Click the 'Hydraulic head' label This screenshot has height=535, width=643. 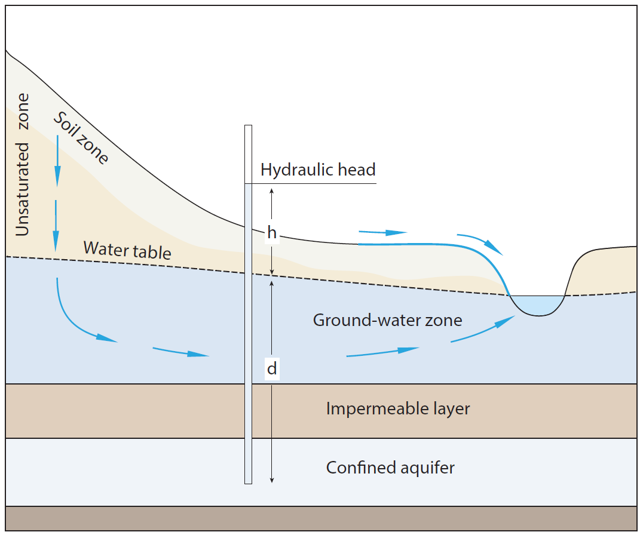318,170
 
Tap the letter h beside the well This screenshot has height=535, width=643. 272,233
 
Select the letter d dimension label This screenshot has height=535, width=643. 272,369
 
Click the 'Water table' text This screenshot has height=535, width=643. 127,250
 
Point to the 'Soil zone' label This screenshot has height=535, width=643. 81,138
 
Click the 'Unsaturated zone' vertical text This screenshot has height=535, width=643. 23,164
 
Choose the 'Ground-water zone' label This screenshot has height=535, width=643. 387,320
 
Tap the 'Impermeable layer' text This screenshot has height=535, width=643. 398,409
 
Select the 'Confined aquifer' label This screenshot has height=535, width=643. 390,467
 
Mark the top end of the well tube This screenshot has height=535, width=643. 249,127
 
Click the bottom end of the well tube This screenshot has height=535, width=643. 249,481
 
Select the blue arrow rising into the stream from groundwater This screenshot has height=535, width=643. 484,329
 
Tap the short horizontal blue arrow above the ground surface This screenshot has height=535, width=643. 382,232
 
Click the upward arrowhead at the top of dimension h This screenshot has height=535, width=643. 272,189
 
